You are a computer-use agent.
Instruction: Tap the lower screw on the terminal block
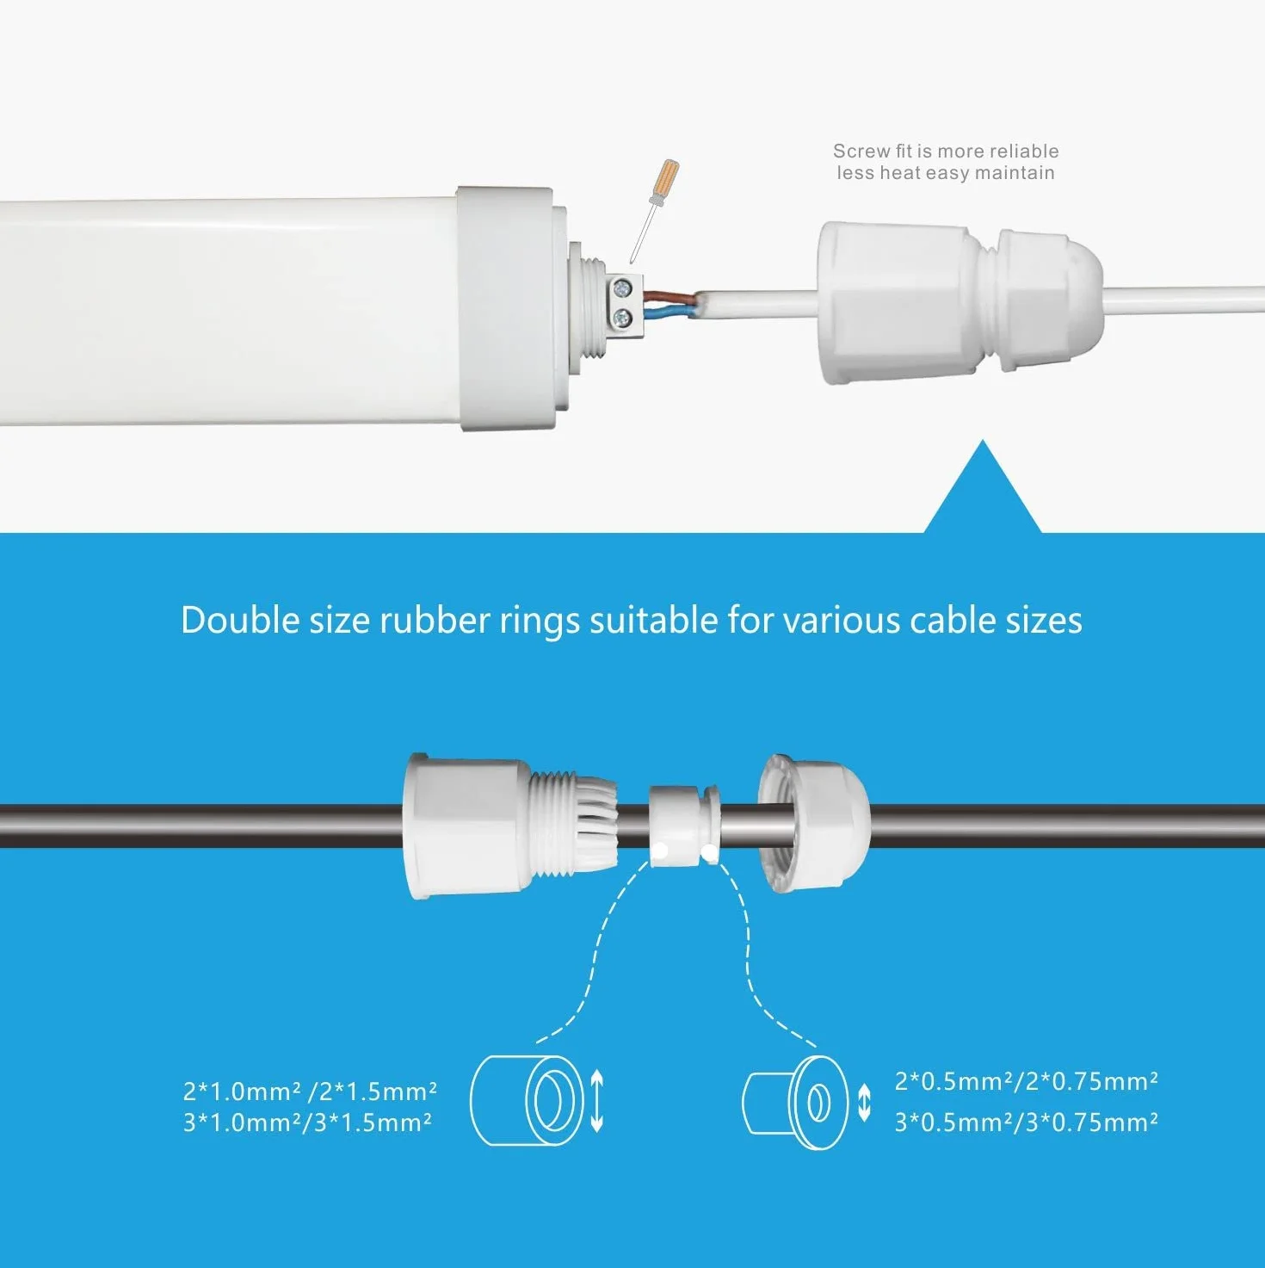(621, 319)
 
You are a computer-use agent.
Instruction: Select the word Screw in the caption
(861, 152)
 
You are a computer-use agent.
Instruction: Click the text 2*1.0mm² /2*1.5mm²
(310, 1092)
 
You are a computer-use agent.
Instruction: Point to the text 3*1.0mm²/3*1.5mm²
(307, 1123)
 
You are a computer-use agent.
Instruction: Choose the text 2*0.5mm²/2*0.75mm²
(1027, 1082)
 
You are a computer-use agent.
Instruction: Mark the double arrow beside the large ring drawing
(596, 1101)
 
